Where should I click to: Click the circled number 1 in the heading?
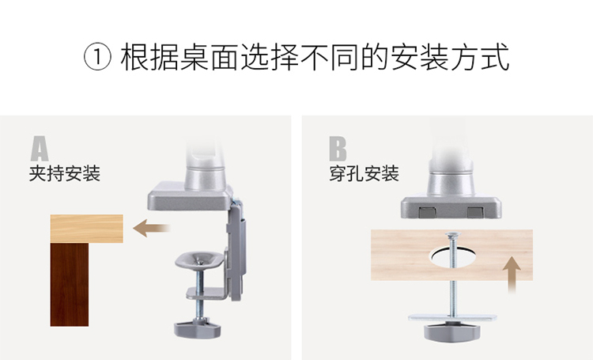point(97,58)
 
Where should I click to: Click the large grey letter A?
point(40,149)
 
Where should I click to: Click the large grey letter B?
point(338,149)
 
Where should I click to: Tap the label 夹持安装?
point(65,174)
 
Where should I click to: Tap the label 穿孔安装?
point(364,174)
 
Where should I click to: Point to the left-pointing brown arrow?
point(152,228)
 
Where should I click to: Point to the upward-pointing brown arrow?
point(512,275)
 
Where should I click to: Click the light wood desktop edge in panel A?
point(87,229)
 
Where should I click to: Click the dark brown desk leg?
point(70,284)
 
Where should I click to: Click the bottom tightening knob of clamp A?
point(197,328)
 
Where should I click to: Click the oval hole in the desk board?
point(453,257)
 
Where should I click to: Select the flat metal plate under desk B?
point(452,317)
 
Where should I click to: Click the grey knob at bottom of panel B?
point(452,332)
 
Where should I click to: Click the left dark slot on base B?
point(427,212)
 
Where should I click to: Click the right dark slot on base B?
point(476,212)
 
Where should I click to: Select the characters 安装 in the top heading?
point(420,58)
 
